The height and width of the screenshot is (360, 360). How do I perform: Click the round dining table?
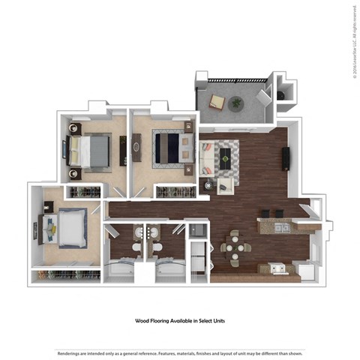[x=235, y=247]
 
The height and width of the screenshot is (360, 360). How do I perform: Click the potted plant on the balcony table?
[x=236, y=103]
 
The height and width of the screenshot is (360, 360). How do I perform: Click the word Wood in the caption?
[x=143, y=320]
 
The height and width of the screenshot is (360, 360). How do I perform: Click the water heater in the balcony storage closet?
[x=281, y=95]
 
